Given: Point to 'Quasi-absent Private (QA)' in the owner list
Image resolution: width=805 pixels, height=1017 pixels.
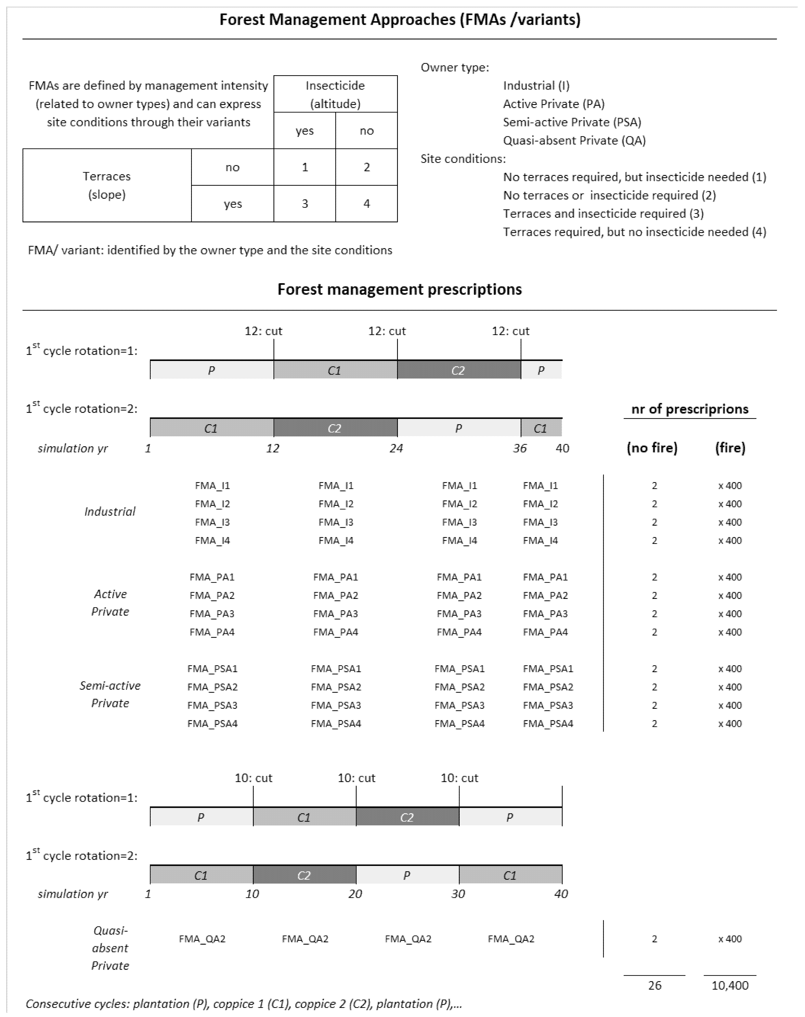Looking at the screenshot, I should [574, 140].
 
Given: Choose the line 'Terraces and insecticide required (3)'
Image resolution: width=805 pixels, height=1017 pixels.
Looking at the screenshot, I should [603, 213].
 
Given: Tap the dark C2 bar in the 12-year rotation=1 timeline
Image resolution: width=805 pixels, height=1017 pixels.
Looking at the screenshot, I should [459, 370].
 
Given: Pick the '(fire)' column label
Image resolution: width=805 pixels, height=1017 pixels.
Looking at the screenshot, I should [730, 448].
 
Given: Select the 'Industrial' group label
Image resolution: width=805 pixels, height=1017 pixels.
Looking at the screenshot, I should [110, 512].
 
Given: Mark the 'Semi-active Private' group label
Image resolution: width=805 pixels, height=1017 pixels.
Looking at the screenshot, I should [110, 694].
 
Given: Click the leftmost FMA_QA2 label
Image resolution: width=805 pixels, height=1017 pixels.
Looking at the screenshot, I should [202, 939].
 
